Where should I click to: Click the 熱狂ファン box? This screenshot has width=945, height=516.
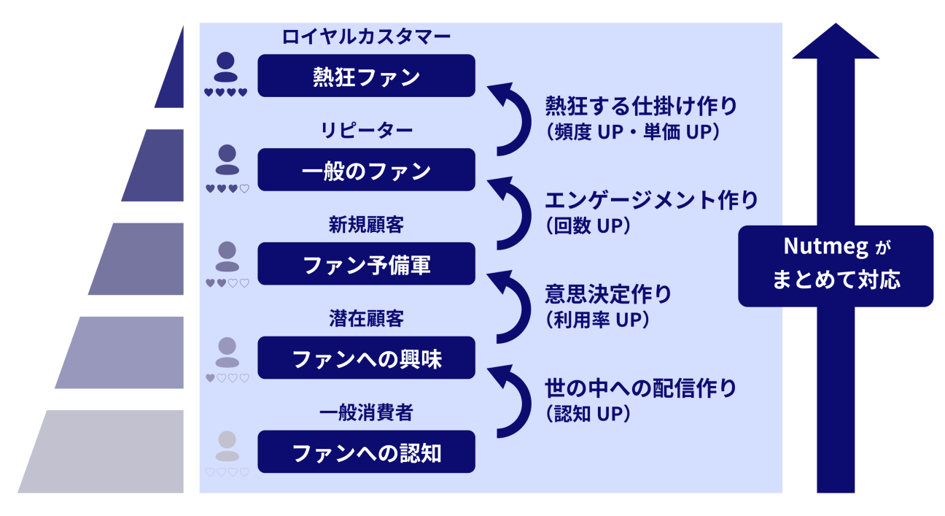click(366, 76)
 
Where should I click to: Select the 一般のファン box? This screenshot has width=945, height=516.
click(366, 170)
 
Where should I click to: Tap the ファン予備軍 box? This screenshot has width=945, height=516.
click(366, 264)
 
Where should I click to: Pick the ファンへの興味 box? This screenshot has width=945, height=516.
click(366, 358)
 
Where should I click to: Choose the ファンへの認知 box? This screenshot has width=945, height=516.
click(366, 453)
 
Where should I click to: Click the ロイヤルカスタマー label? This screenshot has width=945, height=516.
click(366, 36)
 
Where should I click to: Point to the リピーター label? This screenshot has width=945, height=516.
click(366, 131)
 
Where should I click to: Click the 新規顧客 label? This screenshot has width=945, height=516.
click(366, 225)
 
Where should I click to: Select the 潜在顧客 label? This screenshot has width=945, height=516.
click(366, 319)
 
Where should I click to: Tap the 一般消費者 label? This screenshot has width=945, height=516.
click(366, 413)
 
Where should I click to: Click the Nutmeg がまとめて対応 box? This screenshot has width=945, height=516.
click(835, 266)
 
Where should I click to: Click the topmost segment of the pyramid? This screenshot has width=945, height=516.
click(171, 73)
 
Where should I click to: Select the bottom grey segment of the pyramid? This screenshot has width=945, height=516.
click(102, 451)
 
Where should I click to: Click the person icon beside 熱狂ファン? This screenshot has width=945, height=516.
click(226, 67)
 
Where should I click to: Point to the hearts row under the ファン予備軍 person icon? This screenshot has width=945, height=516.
click(227, 283)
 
